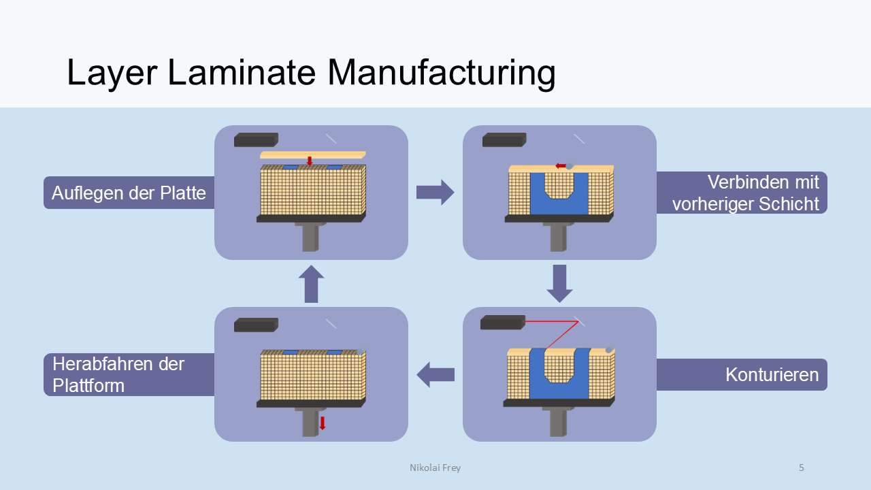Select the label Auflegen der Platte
click(129, 193)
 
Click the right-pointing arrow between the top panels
click(435, 193)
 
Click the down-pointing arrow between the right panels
click(559, 283)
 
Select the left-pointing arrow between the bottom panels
click(435, 374)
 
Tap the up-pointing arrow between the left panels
click(311, 283)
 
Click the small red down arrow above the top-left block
click(310, 161)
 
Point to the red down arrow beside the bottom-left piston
click(323, 423)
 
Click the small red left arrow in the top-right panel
click(560, 165)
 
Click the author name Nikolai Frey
click(435, 468)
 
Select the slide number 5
click(801, 468)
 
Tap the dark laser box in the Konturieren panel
click(502, 323)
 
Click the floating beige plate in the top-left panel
click(313, 154)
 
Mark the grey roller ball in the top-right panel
click(570, 165)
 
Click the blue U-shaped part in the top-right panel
click(537, 204)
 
